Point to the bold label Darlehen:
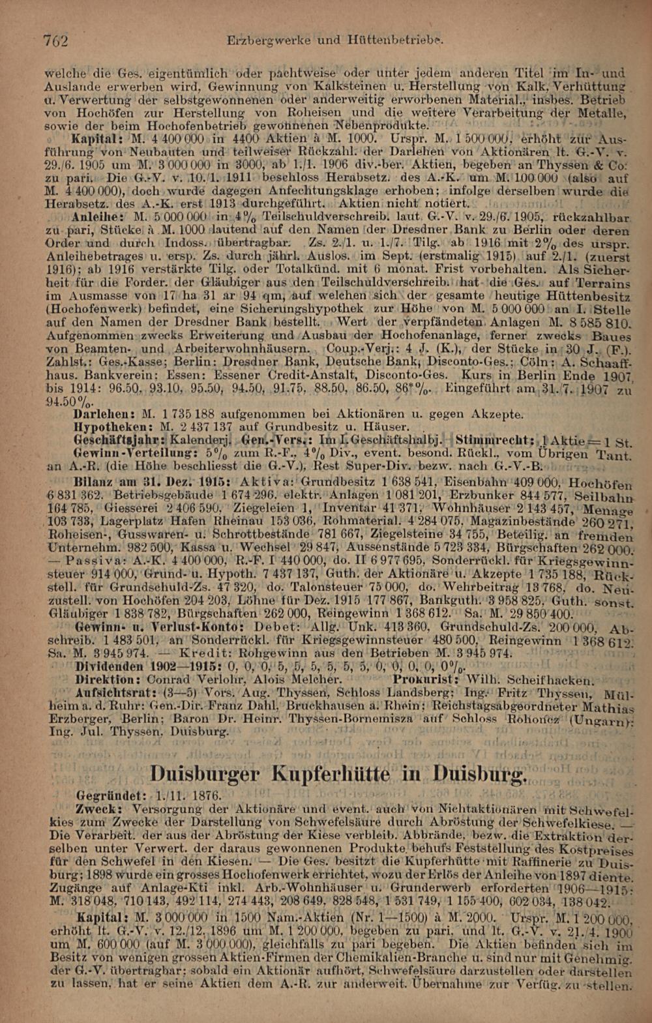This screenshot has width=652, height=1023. pyautogui.click(x=105, y=413)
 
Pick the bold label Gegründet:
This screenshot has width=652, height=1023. pyautogui.click(x=111, y=797)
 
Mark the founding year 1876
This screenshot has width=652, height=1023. pyautogui.click(x=204, y=797)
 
